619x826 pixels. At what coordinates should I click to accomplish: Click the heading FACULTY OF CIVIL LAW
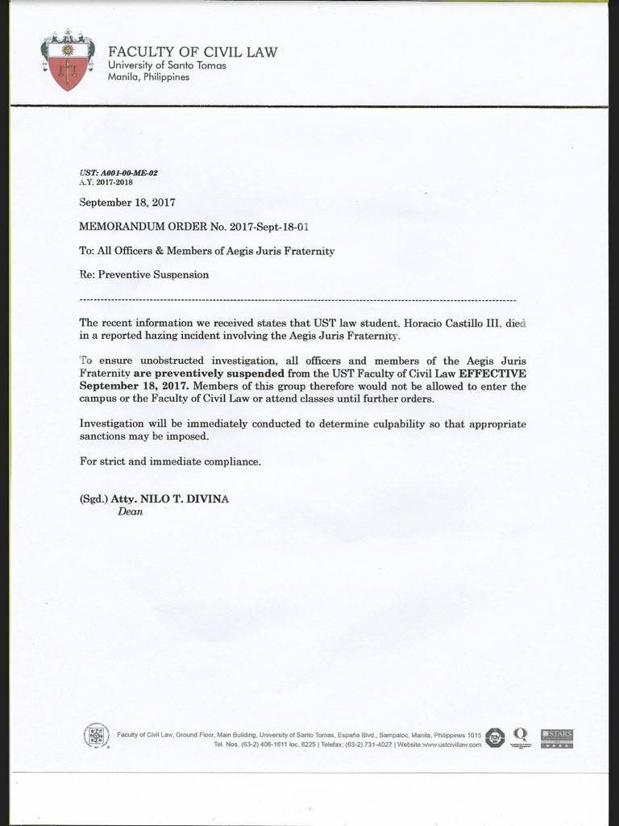[x=193, y=52]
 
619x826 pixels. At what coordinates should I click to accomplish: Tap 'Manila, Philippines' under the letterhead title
[x=149, y=77]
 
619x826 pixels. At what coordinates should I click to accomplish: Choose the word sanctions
[x=106, y=436]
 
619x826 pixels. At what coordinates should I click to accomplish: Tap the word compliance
[x=232, y=461]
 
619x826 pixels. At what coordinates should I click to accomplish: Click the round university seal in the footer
[x=97, y=736]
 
